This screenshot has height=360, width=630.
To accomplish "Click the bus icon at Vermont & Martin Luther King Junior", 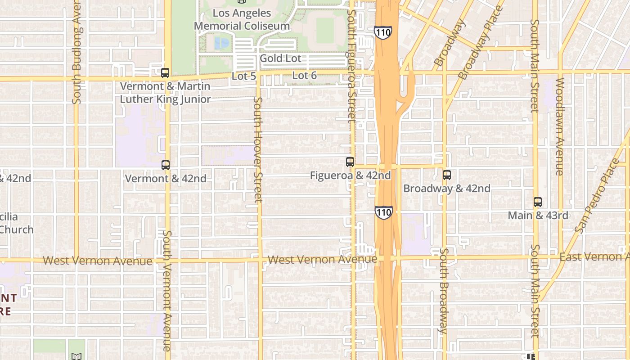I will click(165, 73).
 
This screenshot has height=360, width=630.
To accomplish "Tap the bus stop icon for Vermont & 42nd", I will click(166, 165).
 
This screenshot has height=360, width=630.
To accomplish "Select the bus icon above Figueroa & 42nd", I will click(350, 162).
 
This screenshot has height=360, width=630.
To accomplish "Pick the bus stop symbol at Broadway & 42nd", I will click(447, 175).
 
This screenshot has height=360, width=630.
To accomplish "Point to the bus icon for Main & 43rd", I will click(538, 202).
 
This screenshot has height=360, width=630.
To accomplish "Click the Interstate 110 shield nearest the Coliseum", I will click(382, 32).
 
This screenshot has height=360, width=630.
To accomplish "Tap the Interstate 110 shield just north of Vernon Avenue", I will click(383, 212).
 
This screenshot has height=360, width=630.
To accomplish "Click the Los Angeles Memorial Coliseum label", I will click(242, 19).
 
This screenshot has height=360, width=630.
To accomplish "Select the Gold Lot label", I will click(280, 58).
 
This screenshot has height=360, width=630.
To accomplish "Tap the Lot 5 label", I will click(244, 76).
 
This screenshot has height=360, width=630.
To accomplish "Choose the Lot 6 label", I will click(305, 76).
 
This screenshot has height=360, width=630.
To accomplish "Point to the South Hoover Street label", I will click(258, 150).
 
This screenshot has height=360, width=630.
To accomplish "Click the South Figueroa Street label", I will click(351, 65).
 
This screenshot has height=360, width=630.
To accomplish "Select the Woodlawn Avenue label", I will click(560, 126).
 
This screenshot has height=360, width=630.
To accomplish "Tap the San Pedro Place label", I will click(597, 196).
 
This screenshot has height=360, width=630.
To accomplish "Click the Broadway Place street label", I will click(481, 43).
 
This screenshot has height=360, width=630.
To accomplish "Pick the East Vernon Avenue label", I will click(594, 256).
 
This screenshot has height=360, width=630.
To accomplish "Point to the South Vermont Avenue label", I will click(167, 291).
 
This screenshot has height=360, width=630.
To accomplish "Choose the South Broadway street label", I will click(443, 290).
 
